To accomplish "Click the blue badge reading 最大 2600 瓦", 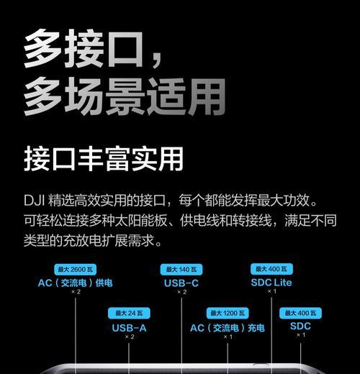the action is pos(75,270).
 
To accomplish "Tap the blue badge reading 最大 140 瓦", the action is pos(181,270).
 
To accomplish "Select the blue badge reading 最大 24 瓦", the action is pos(129,313).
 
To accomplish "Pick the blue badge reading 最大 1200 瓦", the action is pos(228,313).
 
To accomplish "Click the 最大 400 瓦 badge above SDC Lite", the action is pos(271,269).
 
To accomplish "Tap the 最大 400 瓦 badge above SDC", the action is pos(300,313).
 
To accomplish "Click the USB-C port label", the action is pos(181,283).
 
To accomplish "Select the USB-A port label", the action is pos(129,328).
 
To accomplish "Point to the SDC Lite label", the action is pos(271,283).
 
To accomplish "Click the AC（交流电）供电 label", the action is pos(75,283).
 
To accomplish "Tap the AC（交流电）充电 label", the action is pos(228,328).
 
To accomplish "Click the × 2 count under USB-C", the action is pos(181,292).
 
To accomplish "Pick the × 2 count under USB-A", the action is pos(130,337).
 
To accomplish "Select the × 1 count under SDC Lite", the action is pos(271,291).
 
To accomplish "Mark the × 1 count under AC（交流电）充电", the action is pos(228,337).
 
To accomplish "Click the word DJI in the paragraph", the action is pos(34,201).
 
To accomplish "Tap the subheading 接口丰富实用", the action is pos(104,159).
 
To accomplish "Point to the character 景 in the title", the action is pos(125,97).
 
